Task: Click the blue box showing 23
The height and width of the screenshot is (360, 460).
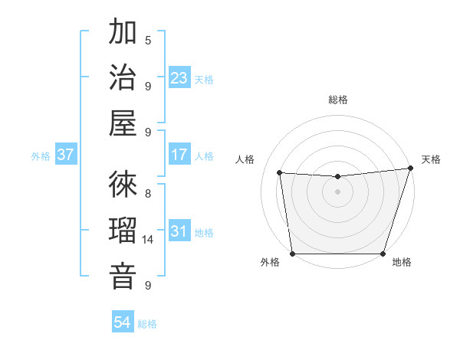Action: tap(179, 78)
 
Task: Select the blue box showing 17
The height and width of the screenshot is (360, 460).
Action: tap(179, 155)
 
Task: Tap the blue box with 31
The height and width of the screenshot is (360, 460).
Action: tap(179, 232)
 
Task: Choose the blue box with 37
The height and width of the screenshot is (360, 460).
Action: tap(66, 155)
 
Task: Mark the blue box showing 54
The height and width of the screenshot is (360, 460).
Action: tap(123, 322)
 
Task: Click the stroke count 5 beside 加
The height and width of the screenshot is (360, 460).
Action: tap(148, 40)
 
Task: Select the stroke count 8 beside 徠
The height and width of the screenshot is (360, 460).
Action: tap(148, 193)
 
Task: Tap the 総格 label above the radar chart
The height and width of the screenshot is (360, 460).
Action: tap(338, 100)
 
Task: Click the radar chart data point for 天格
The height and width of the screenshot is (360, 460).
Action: tap(410, 169)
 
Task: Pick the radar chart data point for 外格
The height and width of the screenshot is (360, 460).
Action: tap(292, 254)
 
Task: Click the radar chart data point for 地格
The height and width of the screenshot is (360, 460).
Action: tap(383, 254)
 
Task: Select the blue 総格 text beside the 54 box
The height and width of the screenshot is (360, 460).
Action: tap(147, 324)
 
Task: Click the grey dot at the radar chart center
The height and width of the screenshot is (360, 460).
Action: tap(337, 191)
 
